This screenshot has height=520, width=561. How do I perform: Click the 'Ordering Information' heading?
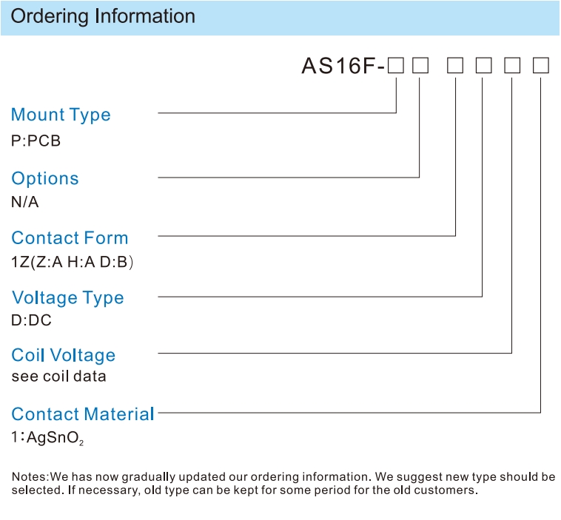coord(103,17)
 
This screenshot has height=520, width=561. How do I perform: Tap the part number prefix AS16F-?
coord(343,66)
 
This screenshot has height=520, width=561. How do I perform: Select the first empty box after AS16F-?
coord(396,66)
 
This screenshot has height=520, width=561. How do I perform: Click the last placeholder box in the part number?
coord(541,66)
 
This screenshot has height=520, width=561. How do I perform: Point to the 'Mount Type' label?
coord(61,115)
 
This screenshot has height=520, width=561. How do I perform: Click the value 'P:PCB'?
coord(36,141)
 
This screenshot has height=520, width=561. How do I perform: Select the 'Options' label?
coord(45,178)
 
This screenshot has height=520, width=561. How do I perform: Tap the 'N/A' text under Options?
coord(24,202)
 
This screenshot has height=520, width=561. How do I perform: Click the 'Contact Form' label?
coord(70,238)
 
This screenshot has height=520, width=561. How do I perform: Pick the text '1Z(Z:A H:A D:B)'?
coord(73,262)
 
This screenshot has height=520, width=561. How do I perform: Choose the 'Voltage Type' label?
coord(67,298)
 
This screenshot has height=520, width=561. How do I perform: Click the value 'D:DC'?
coord(32,320)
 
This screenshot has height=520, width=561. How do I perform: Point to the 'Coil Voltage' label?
coord(64,356)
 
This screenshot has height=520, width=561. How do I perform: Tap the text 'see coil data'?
coord(58,377)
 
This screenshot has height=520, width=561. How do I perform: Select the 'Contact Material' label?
coord(83,414)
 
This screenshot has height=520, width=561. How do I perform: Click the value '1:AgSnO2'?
coord(47,438)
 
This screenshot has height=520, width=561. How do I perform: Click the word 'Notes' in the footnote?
coord(30,476)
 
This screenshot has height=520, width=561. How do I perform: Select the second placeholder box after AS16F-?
coord(420,66)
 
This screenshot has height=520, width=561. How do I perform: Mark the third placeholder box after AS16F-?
coord(455,66)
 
